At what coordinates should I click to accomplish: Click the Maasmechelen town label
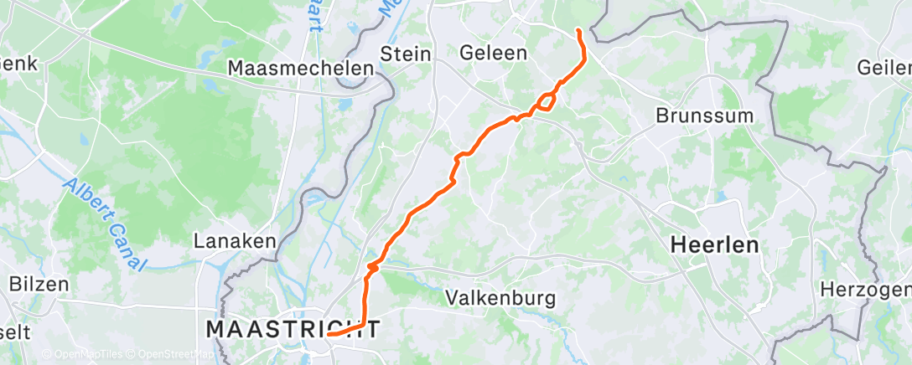300,68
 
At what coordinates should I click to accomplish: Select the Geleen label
494,54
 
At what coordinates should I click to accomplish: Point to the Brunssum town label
705,115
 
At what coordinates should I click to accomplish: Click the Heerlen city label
714,245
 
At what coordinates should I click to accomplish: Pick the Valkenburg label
500,297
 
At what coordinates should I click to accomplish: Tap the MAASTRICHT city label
293,329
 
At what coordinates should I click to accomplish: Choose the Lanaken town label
235,241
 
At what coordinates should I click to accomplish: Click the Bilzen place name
39,284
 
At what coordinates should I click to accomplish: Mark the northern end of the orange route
578,31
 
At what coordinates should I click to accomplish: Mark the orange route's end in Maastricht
329,334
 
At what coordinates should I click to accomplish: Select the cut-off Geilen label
884,68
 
